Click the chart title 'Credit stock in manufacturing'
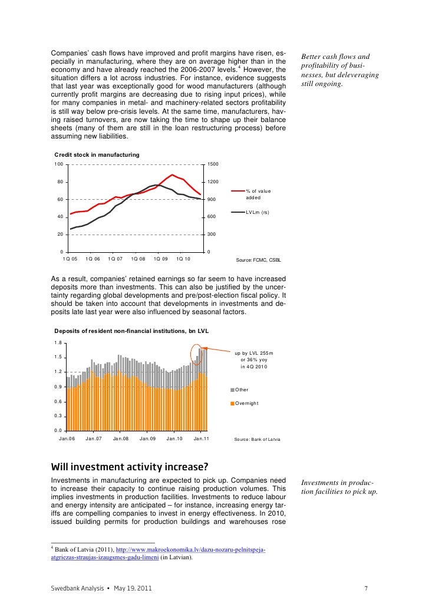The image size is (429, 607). [97, 154]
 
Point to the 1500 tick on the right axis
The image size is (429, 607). [213, 164]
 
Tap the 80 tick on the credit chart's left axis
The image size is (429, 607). [60, 182]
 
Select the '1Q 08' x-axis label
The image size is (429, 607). [138, 259]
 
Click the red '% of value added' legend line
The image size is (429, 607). [237, 191]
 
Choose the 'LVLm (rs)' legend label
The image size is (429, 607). [258, 212]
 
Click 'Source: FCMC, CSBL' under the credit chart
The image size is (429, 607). [258, 259]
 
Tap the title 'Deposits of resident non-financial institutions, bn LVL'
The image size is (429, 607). [131, 331]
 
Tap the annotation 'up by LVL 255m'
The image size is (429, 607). [255, 353]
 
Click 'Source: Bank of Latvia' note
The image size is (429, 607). [257, 440]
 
